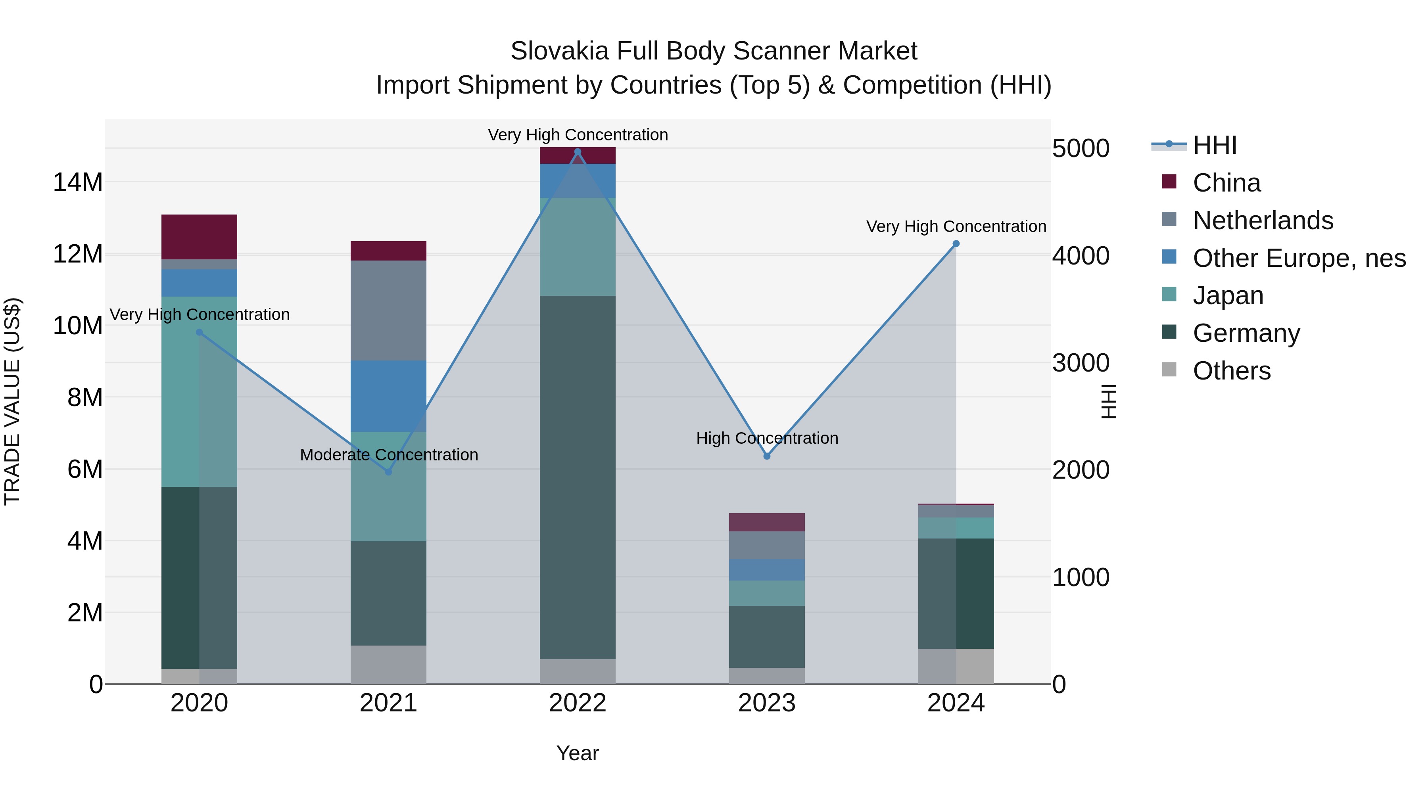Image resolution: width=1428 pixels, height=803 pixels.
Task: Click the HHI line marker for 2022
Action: (x=578, y=152)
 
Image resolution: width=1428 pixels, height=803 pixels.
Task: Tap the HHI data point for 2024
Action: (x=956, y=244)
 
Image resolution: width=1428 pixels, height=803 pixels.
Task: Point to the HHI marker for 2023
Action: (x=767, y=456)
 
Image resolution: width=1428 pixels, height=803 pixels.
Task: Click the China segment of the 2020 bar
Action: (x=199, y=237)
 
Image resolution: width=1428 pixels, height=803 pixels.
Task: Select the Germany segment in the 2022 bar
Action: (x=578, y=477)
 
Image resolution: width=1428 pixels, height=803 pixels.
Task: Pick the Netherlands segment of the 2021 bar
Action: (x=389, y=310)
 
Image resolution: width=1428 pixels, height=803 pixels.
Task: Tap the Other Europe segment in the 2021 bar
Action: (x=389, y=396)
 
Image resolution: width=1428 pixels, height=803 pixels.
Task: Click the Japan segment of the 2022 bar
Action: (x=578, y=247)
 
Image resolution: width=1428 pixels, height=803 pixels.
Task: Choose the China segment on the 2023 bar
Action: (x=767, y=522)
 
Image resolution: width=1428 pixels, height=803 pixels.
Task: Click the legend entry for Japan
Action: (x=1228, y=295)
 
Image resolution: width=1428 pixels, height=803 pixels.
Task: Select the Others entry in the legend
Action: (x=1231, y=371)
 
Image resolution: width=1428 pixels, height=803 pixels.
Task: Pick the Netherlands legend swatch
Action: (x=1169, y=219)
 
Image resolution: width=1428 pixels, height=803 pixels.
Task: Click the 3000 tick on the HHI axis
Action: (x=1081, y=363)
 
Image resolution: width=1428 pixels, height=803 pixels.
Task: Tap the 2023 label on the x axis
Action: (x=767, y=703)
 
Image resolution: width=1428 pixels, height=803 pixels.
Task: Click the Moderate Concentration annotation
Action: (x=389, y=455)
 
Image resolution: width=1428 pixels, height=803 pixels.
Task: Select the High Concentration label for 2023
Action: (x=767, y=438)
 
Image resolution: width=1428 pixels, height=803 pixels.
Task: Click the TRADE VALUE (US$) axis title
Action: (x=12, y=401)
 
